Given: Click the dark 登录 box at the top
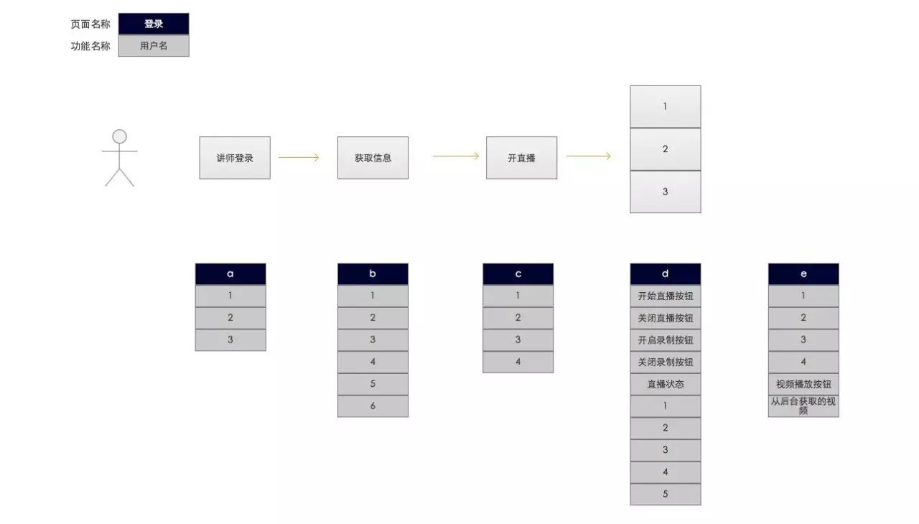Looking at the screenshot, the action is pyautogui.click(x=154, y=24).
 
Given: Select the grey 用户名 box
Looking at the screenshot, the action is pyautogui.click(x=154, y=45).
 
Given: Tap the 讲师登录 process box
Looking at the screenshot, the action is pyautogui.click(x=235, y=158).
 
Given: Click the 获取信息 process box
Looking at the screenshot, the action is pyautogui.click(x=373, y=158).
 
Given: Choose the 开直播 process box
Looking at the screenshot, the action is pyautogui.click(x=521, y=158).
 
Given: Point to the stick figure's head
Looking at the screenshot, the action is pyautogui.click(x=119, y=136).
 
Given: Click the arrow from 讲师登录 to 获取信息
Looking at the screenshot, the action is pyautogui.click(x=298, y=157).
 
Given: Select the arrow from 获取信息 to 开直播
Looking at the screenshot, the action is pyautogui.click(x=455, y=156).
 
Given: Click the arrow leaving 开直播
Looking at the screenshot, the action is pyautogui.click(x=588, y=156).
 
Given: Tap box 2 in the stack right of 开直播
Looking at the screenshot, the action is pyautogui.click(x=665, y=149).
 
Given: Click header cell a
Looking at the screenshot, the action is pyautogui.click(x=230, y=274).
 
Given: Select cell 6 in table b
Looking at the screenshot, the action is pyautogui.click(x=373, y=406).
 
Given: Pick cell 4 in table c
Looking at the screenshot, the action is pyautogui.click(x=518, y=362).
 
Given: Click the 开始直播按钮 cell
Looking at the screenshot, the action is pyautogui.click(x=666, y=296).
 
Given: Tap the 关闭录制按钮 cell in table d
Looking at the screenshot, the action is pyautogui.click(x=666, y=362).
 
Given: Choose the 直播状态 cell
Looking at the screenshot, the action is pyautogui.click(x=666, y=384).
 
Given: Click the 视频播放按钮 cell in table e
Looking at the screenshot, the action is pyautogui.click(x=803, y=384).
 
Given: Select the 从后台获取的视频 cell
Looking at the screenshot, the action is pyautogui.click(x=803, y=406).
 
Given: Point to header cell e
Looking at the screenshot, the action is pyautogui.click(x=803, y=274).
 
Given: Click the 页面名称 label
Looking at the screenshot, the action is pyautogui.click(x=90, y=24).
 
